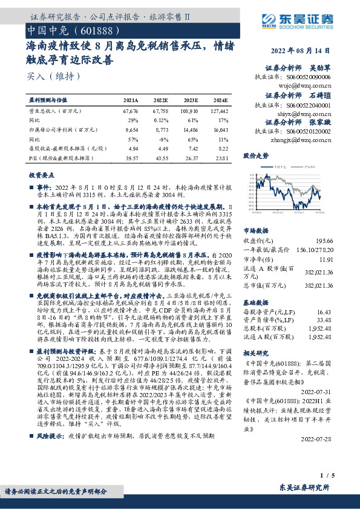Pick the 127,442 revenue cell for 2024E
(220, 111)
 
